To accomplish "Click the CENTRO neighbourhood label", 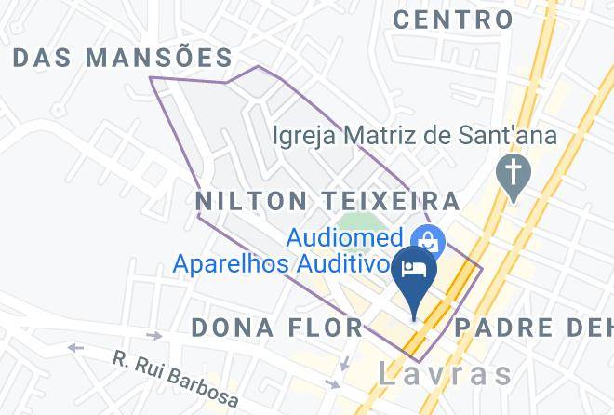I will [x=452, y=19].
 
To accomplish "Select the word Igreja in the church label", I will [x=304, y=136].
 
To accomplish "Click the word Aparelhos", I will [x=233, y=264].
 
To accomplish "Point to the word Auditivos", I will [x=342, y=264].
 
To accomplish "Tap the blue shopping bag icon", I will [x=429, y=242].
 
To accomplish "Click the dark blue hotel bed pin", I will [x=414, y=275].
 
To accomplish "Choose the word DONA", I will [x=233, y=328].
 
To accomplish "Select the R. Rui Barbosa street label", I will [x=175, y=379].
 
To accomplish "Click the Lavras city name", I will [x=446, y=374].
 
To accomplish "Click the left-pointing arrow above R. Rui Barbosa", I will [x=74, y=349].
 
